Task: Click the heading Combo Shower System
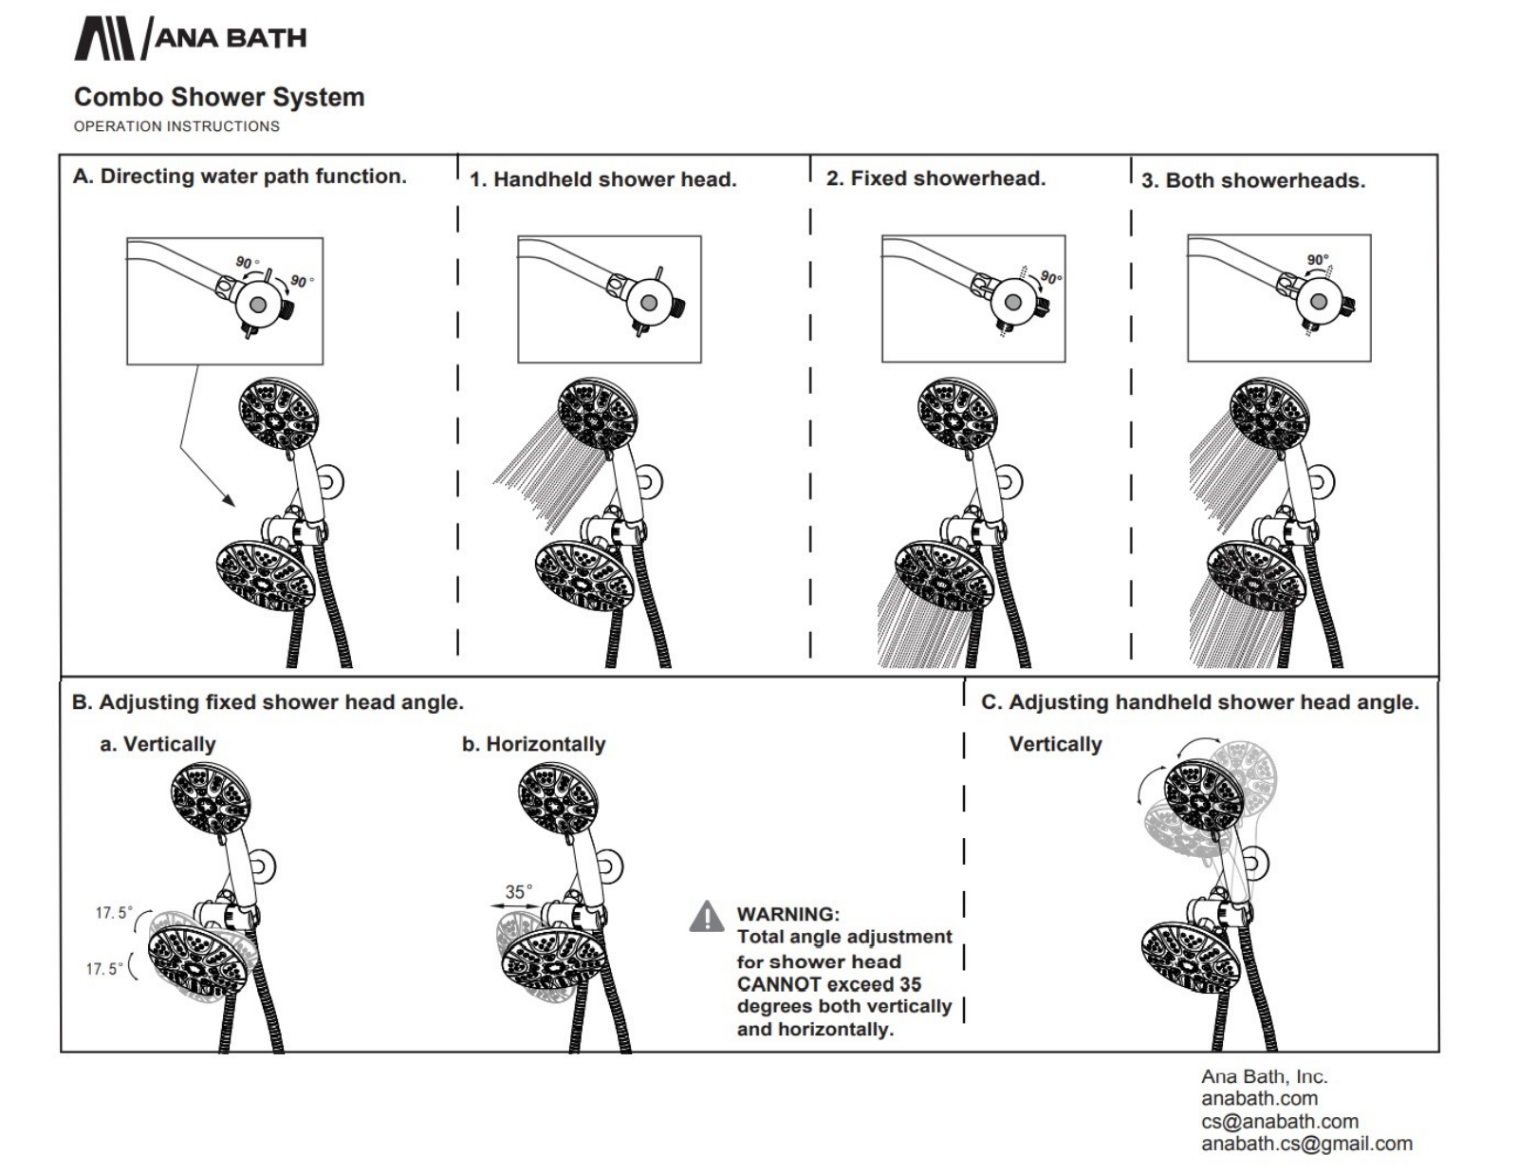[219, 97]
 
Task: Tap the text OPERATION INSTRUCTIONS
[176, 126]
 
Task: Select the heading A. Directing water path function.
[240, 177]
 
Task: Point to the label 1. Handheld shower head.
[602, 179]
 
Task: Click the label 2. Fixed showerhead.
[936, 178]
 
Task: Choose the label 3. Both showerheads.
[1253, 181]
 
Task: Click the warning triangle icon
[707, 916]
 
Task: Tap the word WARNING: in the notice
[788, 914]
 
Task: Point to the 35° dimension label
[518, 892]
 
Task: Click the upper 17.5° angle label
[114, 913]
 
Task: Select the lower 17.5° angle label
[104, 969]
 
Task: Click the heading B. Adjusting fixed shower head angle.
[268, 701]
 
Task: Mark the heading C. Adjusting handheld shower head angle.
[1200, 701]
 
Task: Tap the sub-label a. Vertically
[157, 744]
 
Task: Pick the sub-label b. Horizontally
[534, 744]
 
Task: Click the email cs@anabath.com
[1280, 1122]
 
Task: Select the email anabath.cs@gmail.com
[1307, 1144]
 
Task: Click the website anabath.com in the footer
[1260, 1098]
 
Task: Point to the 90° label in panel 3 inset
[1318, 260]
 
